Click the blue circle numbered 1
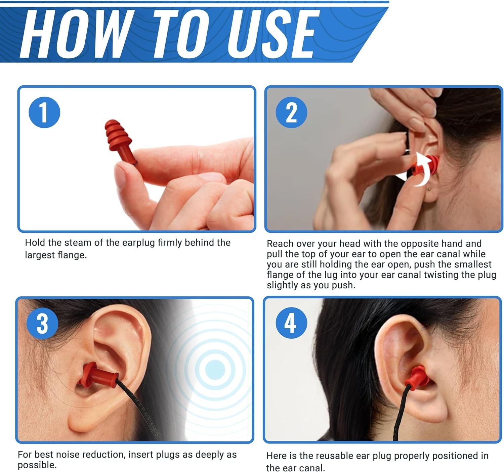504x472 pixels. coord(44,112)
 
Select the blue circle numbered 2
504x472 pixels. coord(291,112)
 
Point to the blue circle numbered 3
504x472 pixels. coord(42,323)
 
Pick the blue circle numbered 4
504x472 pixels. coord(291,323)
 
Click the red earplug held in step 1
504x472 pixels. coord(119,141)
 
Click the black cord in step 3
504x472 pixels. coord(138,408)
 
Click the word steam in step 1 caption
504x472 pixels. coord(78,243)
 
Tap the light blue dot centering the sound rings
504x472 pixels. coord(215,370)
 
